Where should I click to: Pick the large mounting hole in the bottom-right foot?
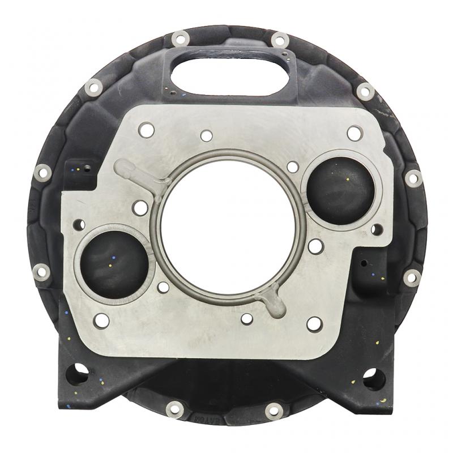[x=374, y=377]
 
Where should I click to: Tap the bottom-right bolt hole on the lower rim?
[x=275, y=408]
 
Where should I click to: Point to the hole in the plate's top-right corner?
[x=354, y=133]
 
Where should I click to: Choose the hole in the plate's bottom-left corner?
[x=102, y=320]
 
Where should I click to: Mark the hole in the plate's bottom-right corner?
[x=314, y=324]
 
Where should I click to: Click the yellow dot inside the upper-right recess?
[x=346, y=181]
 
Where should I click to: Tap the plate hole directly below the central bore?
[x=247, y=319]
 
